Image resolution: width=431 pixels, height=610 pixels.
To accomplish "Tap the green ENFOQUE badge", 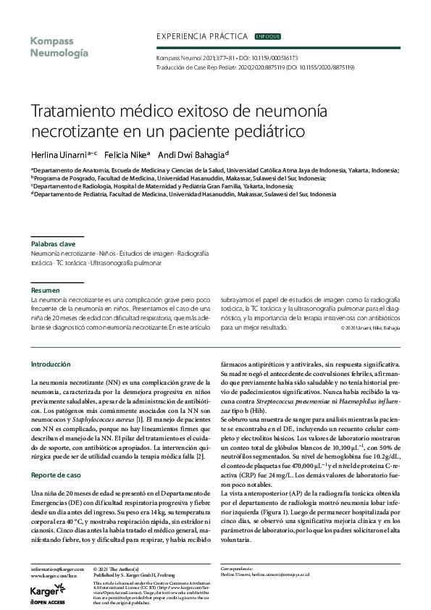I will coord(268,35).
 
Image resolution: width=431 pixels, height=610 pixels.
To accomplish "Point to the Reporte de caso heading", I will coord(55,455).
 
